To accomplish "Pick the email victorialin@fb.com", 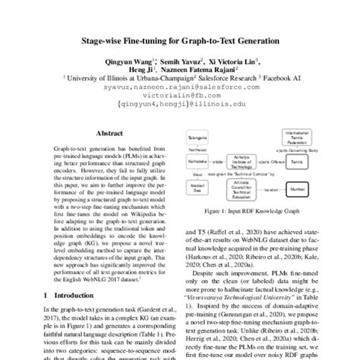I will (180, 95).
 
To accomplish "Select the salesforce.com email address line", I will (180, 86).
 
